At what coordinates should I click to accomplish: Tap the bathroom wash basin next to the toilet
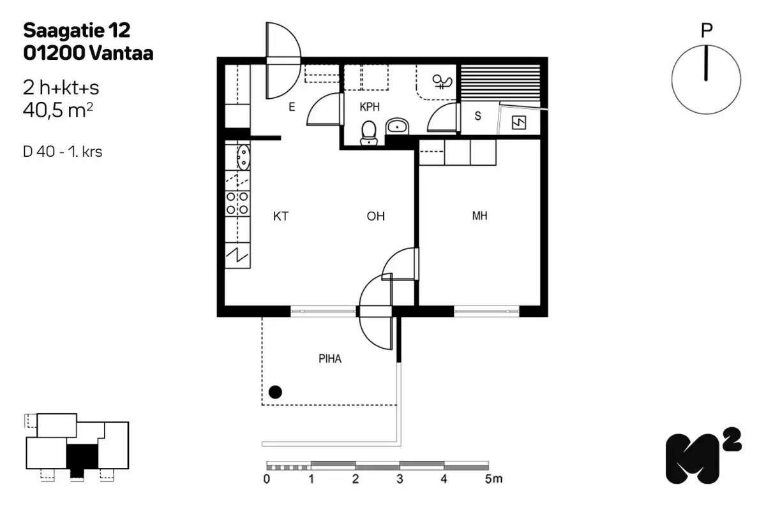click(x=398, y=126)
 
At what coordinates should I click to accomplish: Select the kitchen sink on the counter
click(x=243, y=157)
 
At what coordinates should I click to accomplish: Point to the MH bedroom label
click(x=479, y=216)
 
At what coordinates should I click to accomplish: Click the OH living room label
click(x=375, y=217)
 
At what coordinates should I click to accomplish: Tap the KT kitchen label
click(x=280, y=217)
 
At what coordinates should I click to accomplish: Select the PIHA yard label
click(x=330, y=359)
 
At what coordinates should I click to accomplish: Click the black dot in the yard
click(x=275, y=392)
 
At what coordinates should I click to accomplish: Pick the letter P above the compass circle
click(x=705, y=31)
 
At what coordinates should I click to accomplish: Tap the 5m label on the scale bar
click(x=493, y=479)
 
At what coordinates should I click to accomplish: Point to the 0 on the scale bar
click(x=266, y=479)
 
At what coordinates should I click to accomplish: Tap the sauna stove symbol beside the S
click(x=518, y=122)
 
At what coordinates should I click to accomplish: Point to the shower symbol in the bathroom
click(x=442, y=81)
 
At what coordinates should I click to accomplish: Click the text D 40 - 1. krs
click(x=62, y=152)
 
